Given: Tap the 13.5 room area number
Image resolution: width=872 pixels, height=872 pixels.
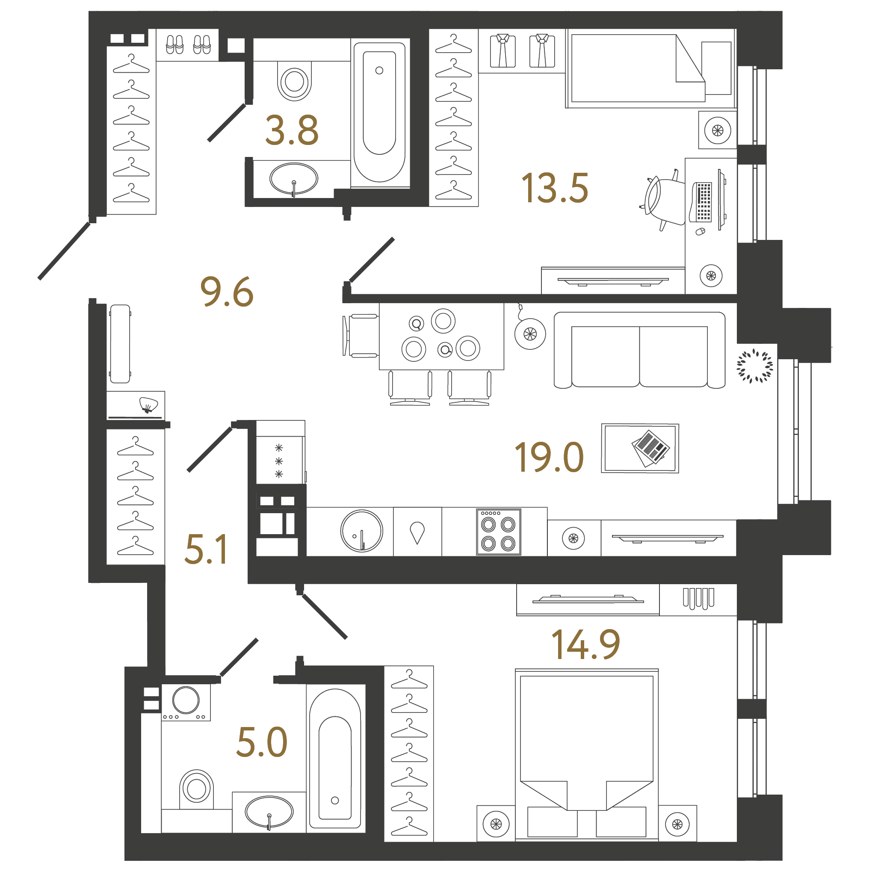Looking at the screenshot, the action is (x=555, y=188).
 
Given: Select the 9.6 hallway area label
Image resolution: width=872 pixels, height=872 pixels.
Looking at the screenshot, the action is (x=227, y=292).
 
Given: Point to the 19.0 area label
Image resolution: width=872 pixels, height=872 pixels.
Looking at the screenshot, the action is (x=549, y=457).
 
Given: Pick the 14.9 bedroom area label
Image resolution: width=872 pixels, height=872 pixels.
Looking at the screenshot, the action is (x=586, y=644).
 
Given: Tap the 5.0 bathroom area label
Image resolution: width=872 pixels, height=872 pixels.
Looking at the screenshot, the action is (x=262, y=742).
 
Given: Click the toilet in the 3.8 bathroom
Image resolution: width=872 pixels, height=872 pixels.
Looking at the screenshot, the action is (x=294, y=81).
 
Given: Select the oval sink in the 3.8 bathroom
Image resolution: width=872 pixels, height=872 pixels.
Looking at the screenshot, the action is (x=294, y=179).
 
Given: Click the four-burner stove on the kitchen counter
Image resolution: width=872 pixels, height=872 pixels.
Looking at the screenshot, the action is (x=499, y=532).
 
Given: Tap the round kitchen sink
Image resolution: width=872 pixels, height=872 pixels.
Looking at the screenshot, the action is (x=361, y=531).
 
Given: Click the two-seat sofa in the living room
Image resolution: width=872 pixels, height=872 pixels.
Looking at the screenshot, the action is (x=639, y=350).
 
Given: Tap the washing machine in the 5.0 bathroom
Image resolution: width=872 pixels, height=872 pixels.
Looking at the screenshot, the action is (x=186, y=702).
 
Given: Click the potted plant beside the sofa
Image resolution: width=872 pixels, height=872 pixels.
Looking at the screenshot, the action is (x=755, y=366).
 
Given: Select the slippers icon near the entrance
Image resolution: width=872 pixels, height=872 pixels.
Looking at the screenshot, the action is (x=188, y=44).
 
